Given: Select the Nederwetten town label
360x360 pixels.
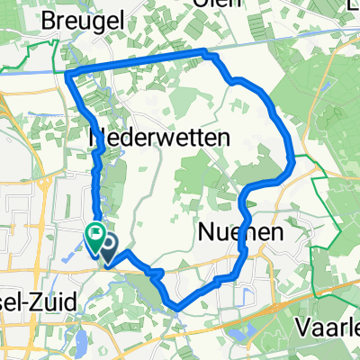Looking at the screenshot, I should pyautogui.click(x=160, y=138).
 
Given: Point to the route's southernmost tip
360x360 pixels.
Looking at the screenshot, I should pyautogui.click(x=178, y=309).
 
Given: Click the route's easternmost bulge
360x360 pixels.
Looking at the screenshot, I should pyautogui.click(x=293, y=162).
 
